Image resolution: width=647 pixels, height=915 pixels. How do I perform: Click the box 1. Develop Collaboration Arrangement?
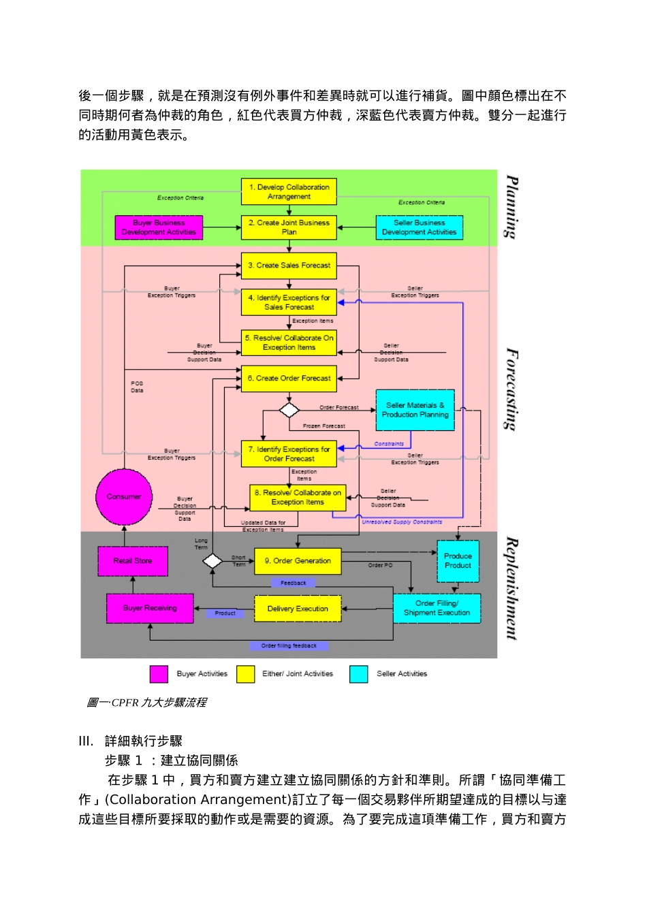(289, 192)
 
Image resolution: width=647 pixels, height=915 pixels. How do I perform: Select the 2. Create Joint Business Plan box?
(289, 227)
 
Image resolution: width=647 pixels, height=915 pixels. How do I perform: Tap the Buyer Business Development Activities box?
(159, 227)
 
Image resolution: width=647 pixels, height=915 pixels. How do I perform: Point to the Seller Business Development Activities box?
(419, 227)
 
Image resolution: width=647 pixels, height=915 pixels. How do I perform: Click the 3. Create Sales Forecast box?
(289, 266)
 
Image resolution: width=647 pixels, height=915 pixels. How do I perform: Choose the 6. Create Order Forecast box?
(289, 379)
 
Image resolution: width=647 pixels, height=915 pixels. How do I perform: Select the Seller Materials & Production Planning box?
(415, 410)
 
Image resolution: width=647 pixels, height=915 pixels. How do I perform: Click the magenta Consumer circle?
(124, 497)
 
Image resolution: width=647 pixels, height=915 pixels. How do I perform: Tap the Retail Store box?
(133, 561)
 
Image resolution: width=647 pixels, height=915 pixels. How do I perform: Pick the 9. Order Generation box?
(298, 561)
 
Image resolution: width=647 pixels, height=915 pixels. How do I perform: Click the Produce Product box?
(458, 561)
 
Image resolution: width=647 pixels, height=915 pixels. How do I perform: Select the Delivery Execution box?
(298, 609)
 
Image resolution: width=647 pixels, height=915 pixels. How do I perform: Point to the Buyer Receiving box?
(150, 608)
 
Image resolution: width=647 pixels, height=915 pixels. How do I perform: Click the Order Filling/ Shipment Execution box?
(437, 608)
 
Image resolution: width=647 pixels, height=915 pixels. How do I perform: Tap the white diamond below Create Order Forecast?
(289, 410)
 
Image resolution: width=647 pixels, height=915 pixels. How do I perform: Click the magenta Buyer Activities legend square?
(159, 674)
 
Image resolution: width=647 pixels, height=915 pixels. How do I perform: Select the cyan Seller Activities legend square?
(359, 674)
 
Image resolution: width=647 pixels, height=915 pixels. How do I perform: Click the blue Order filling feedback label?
(289, 645)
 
